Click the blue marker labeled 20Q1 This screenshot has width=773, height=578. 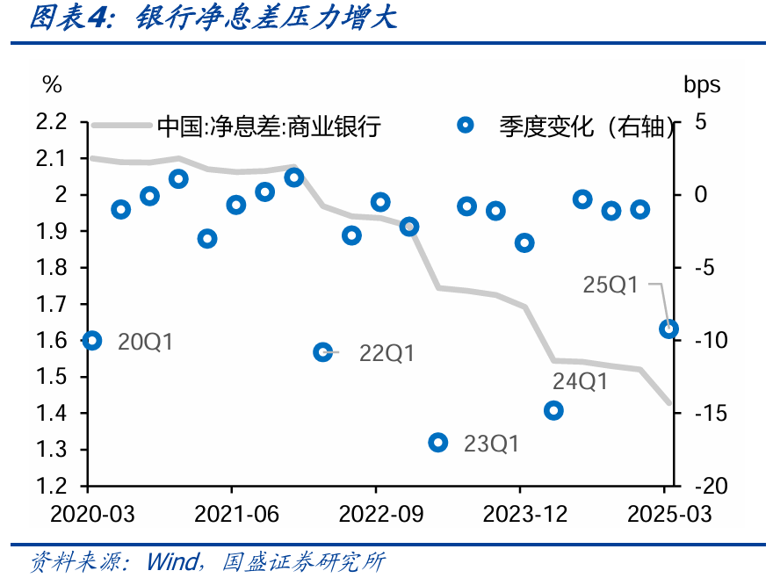tap(91, 341)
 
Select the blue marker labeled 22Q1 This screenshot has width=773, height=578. tap(323, 352)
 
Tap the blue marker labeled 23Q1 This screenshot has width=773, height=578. tap(438, 443)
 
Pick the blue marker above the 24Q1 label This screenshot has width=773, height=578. tap(553, 410)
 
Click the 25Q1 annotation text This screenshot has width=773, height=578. tap(610, 285)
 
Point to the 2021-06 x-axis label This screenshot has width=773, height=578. tap(231, 514)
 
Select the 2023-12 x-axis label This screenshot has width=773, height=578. tap(520, 514)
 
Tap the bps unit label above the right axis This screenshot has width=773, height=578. tap(702, 84)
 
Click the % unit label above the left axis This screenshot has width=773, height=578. tap(52, 84)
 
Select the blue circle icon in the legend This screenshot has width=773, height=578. tap(466, 126)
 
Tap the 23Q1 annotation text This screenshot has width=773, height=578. tap(491, 444)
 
